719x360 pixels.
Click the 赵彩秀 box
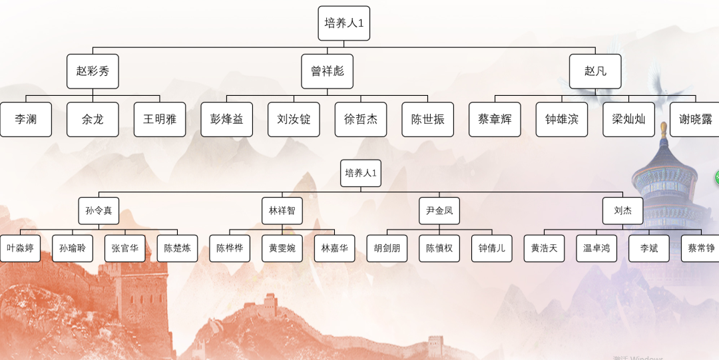[93, 71]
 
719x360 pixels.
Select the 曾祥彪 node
[327, 71]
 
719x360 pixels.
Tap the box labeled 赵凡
[595, 71]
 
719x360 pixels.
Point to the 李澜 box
[26, 120]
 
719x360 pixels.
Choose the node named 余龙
[93, 120]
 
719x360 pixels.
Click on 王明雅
[160, 120]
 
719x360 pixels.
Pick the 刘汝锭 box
[294, 120]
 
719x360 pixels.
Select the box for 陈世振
[427, 120]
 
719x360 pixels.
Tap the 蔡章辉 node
[495, 120]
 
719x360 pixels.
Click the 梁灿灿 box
[628, 120]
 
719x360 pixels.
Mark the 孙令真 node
[99, 211]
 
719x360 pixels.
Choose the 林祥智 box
[282, 211]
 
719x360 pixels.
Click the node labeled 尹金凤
[439, 211]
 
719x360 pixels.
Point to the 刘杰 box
[623, 211]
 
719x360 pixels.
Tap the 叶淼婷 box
[20, 248]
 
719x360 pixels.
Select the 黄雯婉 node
[282, 248]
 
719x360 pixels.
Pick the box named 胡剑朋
[387, 248]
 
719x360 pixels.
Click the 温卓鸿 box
[597, 248]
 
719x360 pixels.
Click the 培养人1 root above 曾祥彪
[344, 23]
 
